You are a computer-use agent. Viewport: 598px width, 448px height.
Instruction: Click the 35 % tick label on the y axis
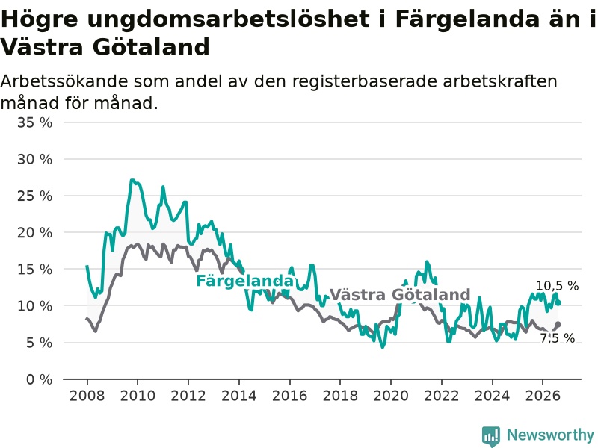(34, 122)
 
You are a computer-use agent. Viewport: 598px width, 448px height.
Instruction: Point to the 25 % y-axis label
(34, 196)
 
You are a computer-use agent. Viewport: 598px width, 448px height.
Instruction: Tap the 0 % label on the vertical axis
(39, 379)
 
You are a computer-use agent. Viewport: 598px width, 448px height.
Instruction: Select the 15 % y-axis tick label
(34, 270)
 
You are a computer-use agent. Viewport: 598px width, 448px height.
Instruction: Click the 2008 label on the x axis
(87, 396)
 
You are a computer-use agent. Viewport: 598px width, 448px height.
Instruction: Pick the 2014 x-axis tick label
(238, 396)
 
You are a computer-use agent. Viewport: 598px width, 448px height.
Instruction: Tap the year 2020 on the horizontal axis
(391, 396)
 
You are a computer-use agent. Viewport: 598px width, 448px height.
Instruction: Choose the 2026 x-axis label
(543, 396)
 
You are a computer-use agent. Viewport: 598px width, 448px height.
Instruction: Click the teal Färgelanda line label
(245, 281)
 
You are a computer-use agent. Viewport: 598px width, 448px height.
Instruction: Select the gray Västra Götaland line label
(400, 295)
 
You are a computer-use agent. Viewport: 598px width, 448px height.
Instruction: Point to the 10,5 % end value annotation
(557, 286)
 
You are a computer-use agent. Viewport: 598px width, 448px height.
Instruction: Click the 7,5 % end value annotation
(557, 338)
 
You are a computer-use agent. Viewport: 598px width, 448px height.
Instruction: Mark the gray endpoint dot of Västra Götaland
(558, 324)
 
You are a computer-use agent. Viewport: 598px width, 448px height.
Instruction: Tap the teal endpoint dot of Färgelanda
(558, 303)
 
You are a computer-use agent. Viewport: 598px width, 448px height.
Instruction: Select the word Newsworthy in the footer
(550, 435)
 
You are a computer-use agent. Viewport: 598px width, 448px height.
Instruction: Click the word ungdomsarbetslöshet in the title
(228, 20)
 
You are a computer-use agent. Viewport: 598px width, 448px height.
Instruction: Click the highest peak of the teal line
(132, 180)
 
